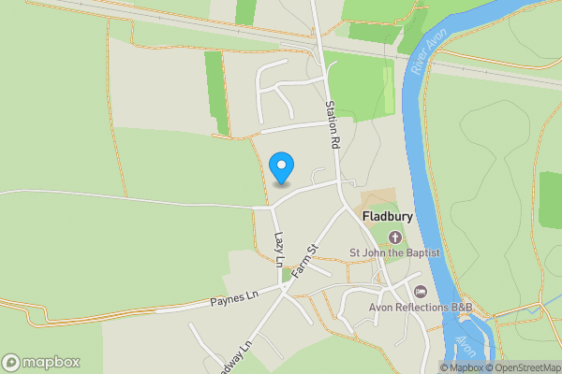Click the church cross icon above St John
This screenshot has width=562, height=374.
click(393, 237)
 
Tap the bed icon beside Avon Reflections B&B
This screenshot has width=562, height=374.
click(421, 293)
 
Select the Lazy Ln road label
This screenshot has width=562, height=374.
click(278, 251)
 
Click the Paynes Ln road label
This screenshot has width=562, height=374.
click(233, 299)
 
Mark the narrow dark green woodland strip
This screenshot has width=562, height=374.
click(216, 93)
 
